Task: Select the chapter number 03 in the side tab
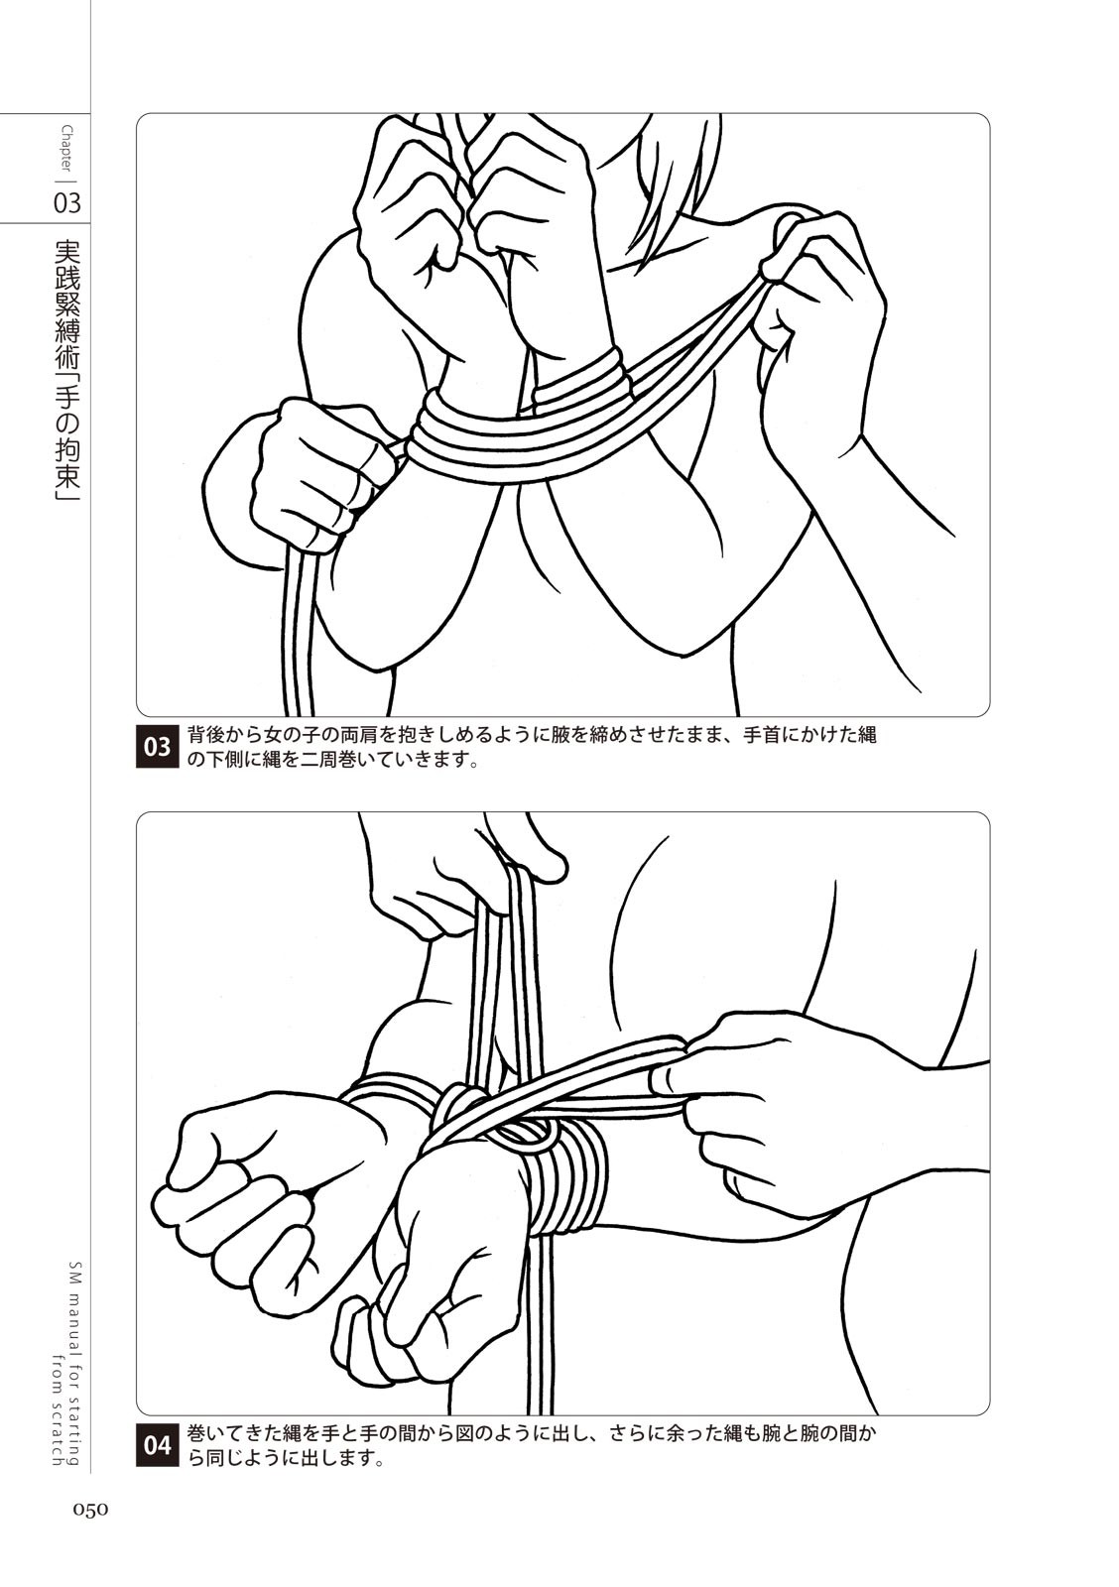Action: point(66,203)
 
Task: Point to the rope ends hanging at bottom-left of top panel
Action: point(298,624)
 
